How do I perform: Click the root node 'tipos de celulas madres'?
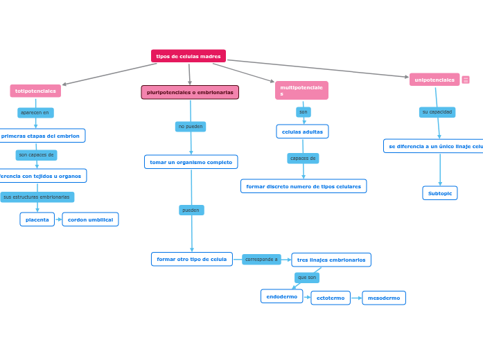[x=188, y=56]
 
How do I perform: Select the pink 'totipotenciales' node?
[x=35, y=91]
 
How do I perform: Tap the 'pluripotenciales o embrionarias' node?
[x=190, y=92]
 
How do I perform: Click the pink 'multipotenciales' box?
[x=301, y=90]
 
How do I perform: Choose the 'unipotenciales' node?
[x=434, y=80]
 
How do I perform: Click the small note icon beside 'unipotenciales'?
[x=466, y=80]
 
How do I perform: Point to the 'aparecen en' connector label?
[x=35, y=112]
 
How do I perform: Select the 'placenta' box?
[x=37, y=219]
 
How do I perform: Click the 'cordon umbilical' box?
[x=90, y=219]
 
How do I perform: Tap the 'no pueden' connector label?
[x=191, y=127]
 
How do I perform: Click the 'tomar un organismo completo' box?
[x=191, y=162]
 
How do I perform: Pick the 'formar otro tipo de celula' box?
[x=192, y=259]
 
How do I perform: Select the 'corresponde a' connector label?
[x=261, y=260]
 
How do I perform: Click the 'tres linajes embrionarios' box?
[x=331, y=260]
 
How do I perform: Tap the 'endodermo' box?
[x=282, y=296]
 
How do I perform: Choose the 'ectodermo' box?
[x=331, y=298]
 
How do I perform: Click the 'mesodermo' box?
[x=384, y=298]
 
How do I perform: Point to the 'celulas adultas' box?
[x=302, y=132]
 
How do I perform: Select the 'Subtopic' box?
[x=440, y=193]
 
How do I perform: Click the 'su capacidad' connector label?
[x=437, y=112]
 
